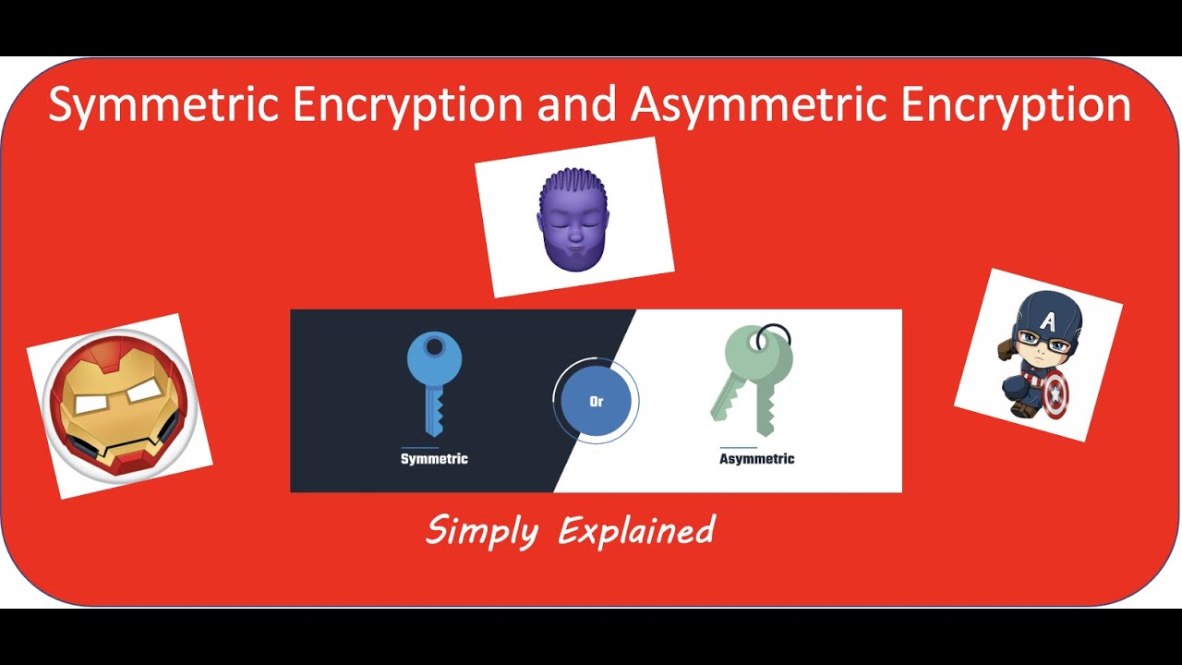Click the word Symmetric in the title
click(163, 104)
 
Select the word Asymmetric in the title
click(761, 104)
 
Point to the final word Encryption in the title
click(1016, 104)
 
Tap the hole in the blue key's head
click(434, 347)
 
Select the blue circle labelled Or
click(596, 402)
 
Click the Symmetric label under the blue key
click(434, 459)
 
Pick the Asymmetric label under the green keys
click(756, 459)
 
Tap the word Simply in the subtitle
click(481, 531)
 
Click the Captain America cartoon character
click(1039, 356)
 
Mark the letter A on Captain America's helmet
click(1048, 320)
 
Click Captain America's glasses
click(1048, 346)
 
